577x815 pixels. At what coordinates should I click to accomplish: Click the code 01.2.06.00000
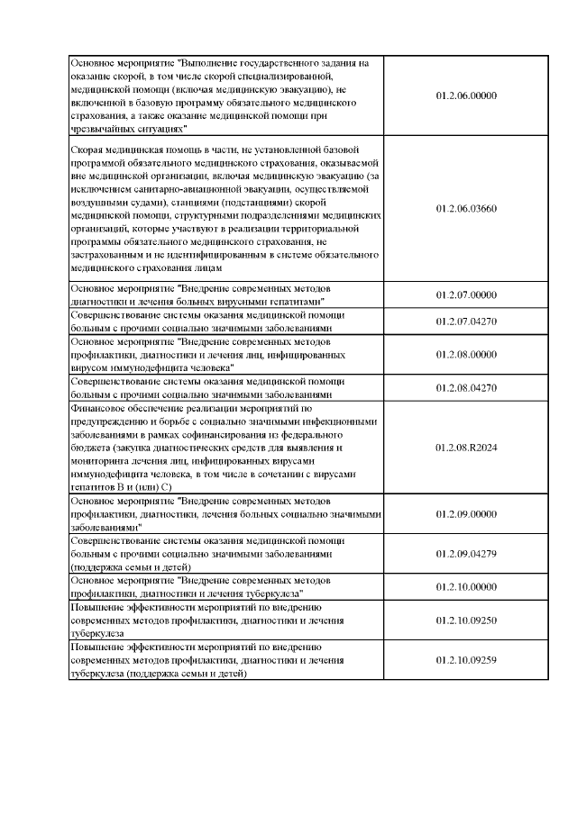click(x=466, y=95)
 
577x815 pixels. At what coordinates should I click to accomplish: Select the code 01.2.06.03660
click(x=466, y=208)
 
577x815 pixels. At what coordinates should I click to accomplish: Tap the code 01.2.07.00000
click(x=466, y=294)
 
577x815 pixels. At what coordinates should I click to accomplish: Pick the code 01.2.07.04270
click(x=466, y=321)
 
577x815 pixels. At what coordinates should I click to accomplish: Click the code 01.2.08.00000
click(x=466, y=354)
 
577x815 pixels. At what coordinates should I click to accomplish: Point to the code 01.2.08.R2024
click(x=466, y=446)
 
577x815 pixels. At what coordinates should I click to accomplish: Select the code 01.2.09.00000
click(x=466, y=512)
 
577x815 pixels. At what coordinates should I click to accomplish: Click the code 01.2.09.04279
click(x=466, y=554)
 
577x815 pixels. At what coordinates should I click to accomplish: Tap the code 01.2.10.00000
click(x=466, y=587)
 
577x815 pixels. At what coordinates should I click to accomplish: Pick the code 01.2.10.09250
click(x=466, y=620)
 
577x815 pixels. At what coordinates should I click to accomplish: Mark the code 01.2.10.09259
click(x=466, y=660)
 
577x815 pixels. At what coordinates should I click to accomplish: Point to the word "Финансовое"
click(x=101, y=407)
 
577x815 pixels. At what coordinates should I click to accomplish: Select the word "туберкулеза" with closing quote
click(x=274, y=593)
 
